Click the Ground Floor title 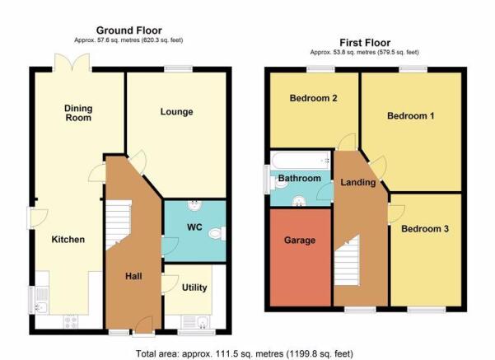128,30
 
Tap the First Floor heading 365,43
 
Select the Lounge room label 176,112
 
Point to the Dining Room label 78,113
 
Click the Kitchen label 68,240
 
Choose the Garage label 300,241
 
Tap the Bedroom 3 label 425,229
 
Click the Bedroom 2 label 313,98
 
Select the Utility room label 194,288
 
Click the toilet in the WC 217,233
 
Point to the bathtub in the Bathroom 301,161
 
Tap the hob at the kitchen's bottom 71,321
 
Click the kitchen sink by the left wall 41,300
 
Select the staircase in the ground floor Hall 118,225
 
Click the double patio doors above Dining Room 72,63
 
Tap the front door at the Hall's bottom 143,325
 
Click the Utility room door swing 170,284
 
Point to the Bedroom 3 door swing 396,214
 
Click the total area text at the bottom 245,354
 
